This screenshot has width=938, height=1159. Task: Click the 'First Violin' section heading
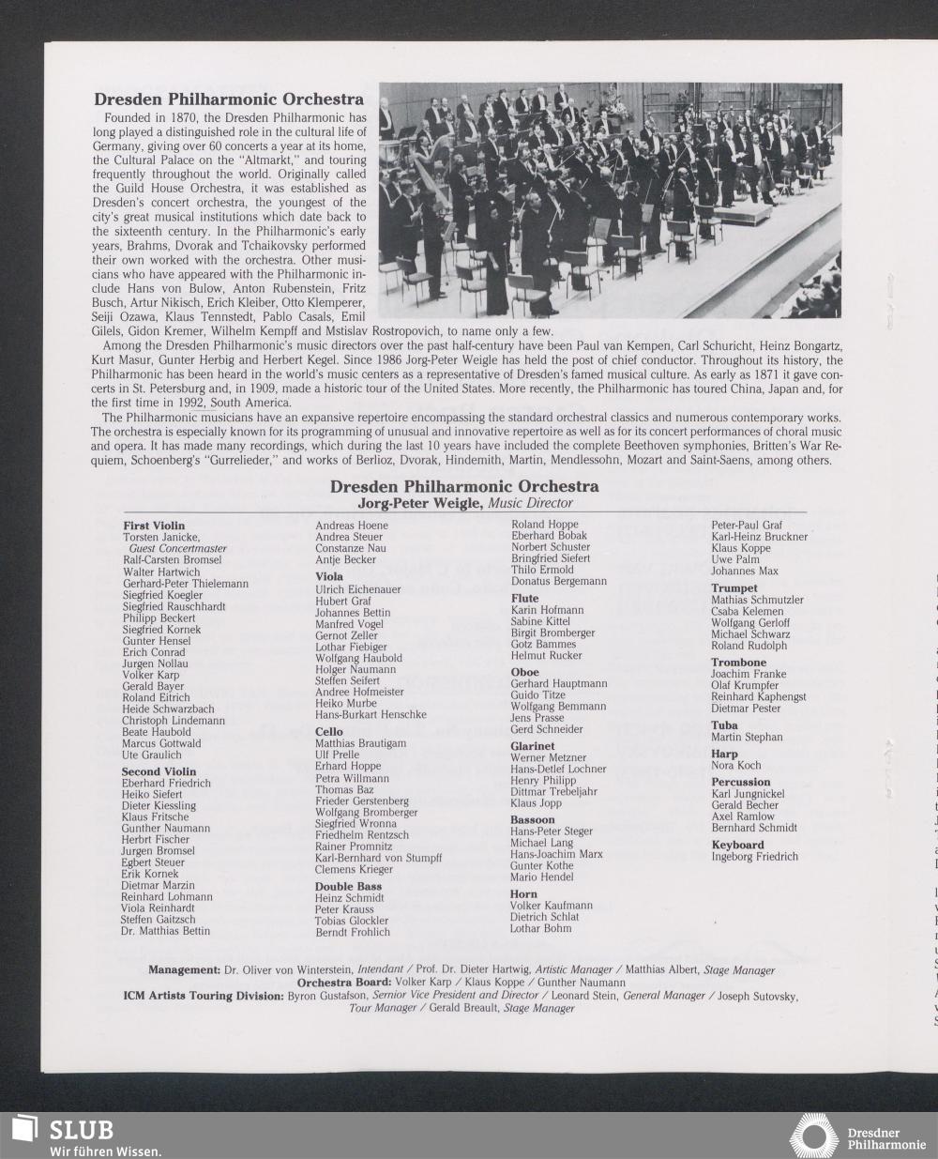tap(154, 526)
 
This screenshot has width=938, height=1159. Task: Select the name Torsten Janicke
tap(160, 537)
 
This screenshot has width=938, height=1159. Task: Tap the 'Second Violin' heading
tap(159, 771)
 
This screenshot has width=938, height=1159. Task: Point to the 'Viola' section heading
tap(329, 576)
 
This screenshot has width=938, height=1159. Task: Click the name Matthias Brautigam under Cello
tap(360, 743)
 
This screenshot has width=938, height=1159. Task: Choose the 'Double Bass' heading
tap(348, 886)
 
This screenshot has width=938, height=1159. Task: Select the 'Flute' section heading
tap(524, 598)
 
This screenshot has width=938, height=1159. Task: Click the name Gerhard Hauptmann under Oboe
tap(558, 683)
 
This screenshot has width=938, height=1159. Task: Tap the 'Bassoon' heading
tap(532, 819)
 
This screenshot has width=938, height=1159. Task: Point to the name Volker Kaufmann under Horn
tap(551, 906)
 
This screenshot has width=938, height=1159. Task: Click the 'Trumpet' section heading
tap(734, 587)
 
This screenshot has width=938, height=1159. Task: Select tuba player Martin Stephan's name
tap(746, 737)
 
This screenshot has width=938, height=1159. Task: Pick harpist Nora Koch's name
tap(735, 766)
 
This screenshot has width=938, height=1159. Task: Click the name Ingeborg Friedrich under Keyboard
tap(754, 857)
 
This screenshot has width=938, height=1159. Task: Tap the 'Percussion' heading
tap(740, 782)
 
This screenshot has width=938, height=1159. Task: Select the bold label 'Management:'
tap(184, 969)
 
